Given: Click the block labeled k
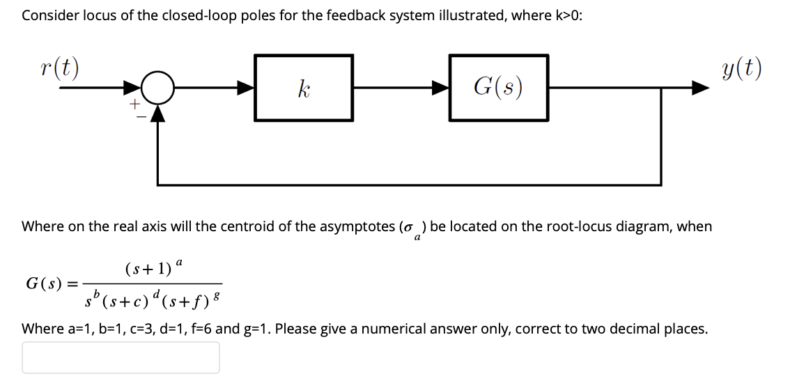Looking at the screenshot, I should [x=304, y=88].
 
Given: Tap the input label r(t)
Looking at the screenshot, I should [x=59, y=68].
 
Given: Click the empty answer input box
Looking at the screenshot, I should [x=121, y=357].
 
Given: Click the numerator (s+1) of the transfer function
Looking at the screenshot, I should [x=147, y=268].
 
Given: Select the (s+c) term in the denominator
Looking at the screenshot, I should [x=125, y=302].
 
